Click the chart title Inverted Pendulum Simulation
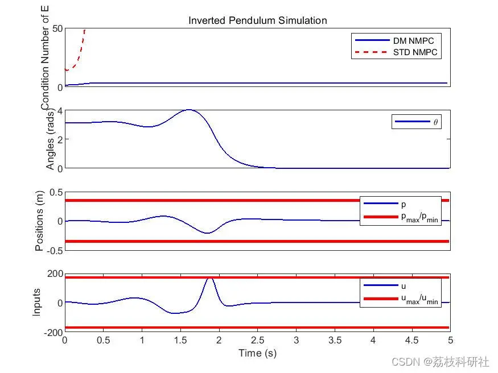click(x=258, y=20)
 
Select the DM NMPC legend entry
click(x=396, y=40)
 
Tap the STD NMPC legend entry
click(x=396, y=52)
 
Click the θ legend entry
click(x=417, y=122)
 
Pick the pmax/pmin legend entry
click(x=401, y=217)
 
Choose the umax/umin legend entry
click(x=401, y=299)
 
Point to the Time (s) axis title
click(x=258, y=353)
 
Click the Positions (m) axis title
click(x=39, y=221)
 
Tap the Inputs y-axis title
click(x=36, y=302)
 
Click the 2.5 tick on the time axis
click(x=258, y=341)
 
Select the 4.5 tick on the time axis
click(x=411, y=341)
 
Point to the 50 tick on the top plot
click(x=57, y=28)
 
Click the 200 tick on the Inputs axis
click(x=55, y=273)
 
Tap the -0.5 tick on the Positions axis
click(x=55, y=251)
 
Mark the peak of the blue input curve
click(x=210, y=278)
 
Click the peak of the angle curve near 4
click(x=190, y=110)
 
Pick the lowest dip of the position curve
click(x=207, y=233)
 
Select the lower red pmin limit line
click(x=257, y=242)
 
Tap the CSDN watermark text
click(x=440, y=362)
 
